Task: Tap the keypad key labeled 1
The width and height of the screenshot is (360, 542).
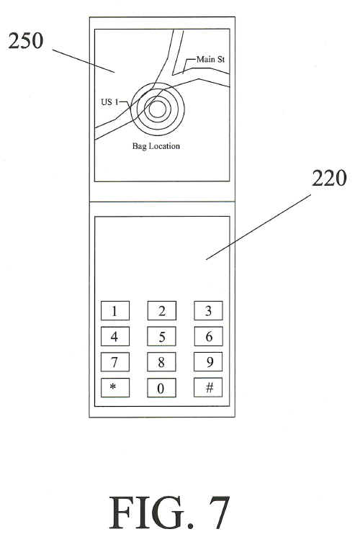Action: pyautogui.click(x=114, y=310)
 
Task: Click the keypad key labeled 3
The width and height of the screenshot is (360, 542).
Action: pyautogui.click(x=208, y=310)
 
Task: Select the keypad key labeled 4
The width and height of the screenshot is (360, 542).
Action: pyautogui.click(x=114, y=336)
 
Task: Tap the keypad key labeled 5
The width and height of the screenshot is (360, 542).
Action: pyautogui.click(x=161, y=336)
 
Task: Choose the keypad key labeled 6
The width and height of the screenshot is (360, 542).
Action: pyautogui.click(x=208, y=336)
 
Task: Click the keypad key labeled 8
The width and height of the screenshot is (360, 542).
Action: pyautogui.click(x=161, y=362)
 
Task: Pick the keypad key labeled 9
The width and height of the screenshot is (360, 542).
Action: pyautogui.click(x=208, y=361)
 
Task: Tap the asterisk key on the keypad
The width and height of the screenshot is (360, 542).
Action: pyautogui.click(x=114, y=387)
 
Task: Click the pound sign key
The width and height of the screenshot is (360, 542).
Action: pyautogui.click(x=208, y=387)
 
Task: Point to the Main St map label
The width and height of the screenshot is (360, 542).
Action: pyautogui.click(x=210, y=60)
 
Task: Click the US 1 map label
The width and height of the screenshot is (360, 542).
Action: pyautogui.click(x=109, y=102)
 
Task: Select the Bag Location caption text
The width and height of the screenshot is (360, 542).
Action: pyautogui.click(x=156, y=146)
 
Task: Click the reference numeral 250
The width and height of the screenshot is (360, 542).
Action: pyautogui.click(x=26, y=41)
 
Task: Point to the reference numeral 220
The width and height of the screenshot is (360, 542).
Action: pyautogui.click(x=329, y=179)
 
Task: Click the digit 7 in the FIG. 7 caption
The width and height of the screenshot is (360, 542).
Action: pyautogui.click(x=219, y=512)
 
